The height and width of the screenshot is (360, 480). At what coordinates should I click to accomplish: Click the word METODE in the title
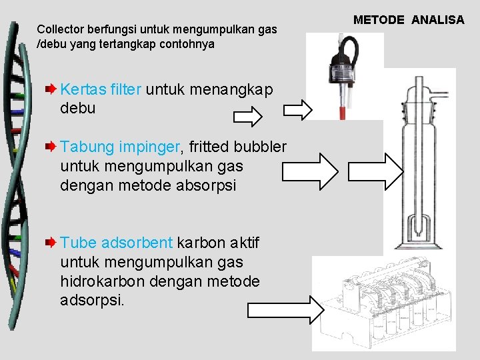(379, 20)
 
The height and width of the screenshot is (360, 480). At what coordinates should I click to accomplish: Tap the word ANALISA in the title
(437, 20)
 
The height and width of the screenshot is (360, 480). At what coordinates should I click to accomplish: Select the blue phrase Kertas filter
(101, 90)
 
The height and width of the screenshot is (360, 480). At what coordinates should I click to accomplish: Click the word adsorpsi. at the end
(92, 301)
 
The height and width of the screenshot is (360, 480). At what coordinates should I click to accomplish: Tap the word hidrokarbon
(101, 281)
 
